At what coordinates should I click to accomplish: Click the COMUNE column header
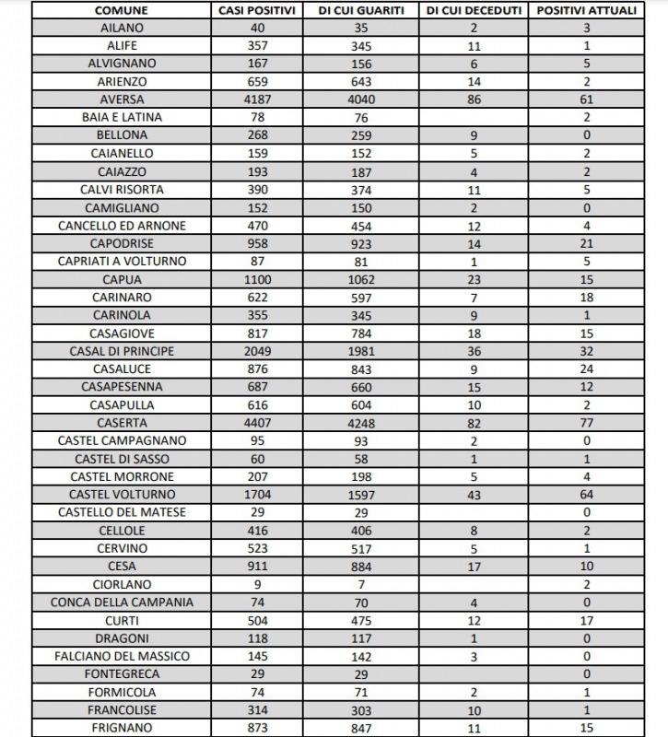click(122, 10)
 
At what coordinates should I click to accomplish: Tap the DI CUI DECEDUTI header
click(475, 10)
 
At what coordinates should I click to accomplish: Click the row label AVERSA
click(122, 99)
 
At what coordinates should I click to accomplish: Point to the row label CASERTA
click(122, 423)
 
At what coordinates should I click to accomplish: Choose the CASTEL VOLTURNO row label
click(122, 495)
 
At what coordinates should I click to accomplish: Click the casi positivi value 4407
click(258, 423)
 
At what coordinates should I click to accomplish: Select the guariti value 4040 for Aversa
click(363, 99)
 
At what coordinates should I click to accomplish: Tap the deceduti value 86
click(475, 99)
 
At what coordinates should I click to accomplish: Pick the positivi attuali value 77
click(586, 423)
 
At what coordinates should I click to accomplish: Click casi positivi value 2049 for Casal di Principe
click(258, 351)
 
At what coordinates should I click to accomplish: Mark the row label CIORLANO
click(122, 584)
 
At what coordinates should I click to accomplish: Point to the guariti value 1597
click(363, 495)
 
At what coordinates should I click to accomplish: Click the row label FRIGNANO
click(122, 728)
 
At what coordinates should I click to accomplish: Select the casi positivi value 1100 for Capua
click(258, 279)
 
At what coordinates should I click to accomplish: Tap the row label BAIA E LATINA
click(122, 117)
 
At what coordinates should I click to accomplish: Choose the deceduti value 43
click(475, 495)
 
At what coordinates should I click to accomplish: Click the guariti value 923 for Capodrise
click(363, 243)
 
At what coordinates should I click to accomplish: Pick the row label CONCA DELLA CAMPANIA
click(122, 602)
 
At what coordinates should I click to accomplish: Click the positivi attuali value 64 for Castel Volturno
click(586, 495)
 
